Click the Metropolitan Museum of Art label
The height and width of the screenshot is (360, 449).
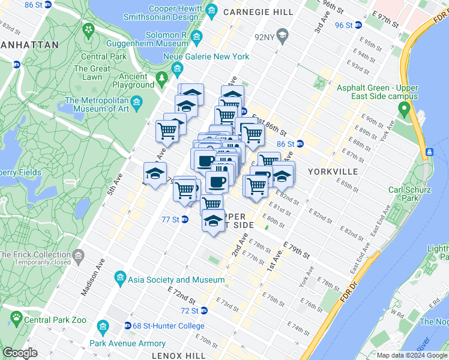[x=98, y=104]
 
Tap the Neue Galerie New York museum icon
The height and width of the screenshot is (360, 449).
[x=178, y=69]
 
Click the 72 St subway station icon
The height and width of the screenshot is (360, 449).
[x=204, y=311]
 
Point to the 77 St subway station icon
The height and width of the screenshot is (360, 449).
[x=185, y=220]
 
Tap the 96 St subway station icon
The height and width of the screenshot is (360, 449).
[x=358, y=25]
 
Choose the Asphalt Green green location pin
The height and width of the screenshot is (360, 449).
[x=404, y=109]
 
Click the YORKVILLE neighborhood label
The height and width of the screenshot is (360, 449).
[x=333, y=172]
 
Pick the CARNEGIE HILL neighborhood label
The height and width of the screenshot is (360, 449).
[x=258, y=12]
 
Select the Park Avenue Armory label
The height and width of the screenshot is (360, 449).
[x=127, y=344]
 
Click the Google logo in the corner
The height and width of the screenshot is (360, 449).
[x=20, y=353]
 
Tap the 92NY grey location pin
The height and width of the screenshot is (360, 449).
[x=285, y=37]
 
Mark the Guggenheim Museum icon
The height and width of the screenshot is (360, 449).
[x=197, y=40]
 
